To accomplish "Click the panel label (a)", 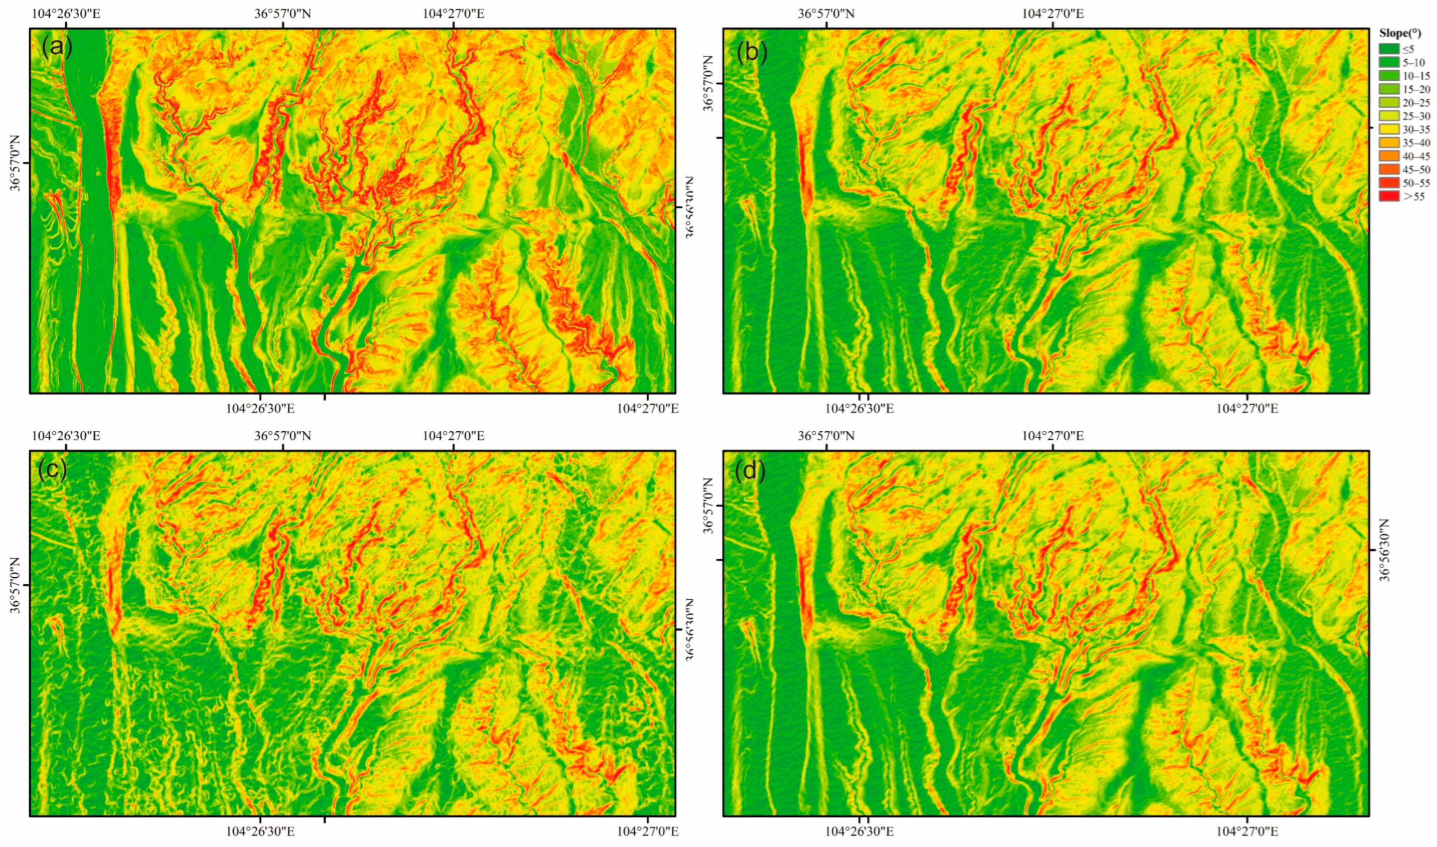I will (57, 49).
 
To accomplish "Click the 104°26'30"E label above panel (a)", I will (66, 13).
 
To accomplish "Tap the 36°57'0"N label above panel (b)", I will (826, 13).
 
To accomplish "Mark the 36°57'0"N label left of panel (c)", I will (16, 586).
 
